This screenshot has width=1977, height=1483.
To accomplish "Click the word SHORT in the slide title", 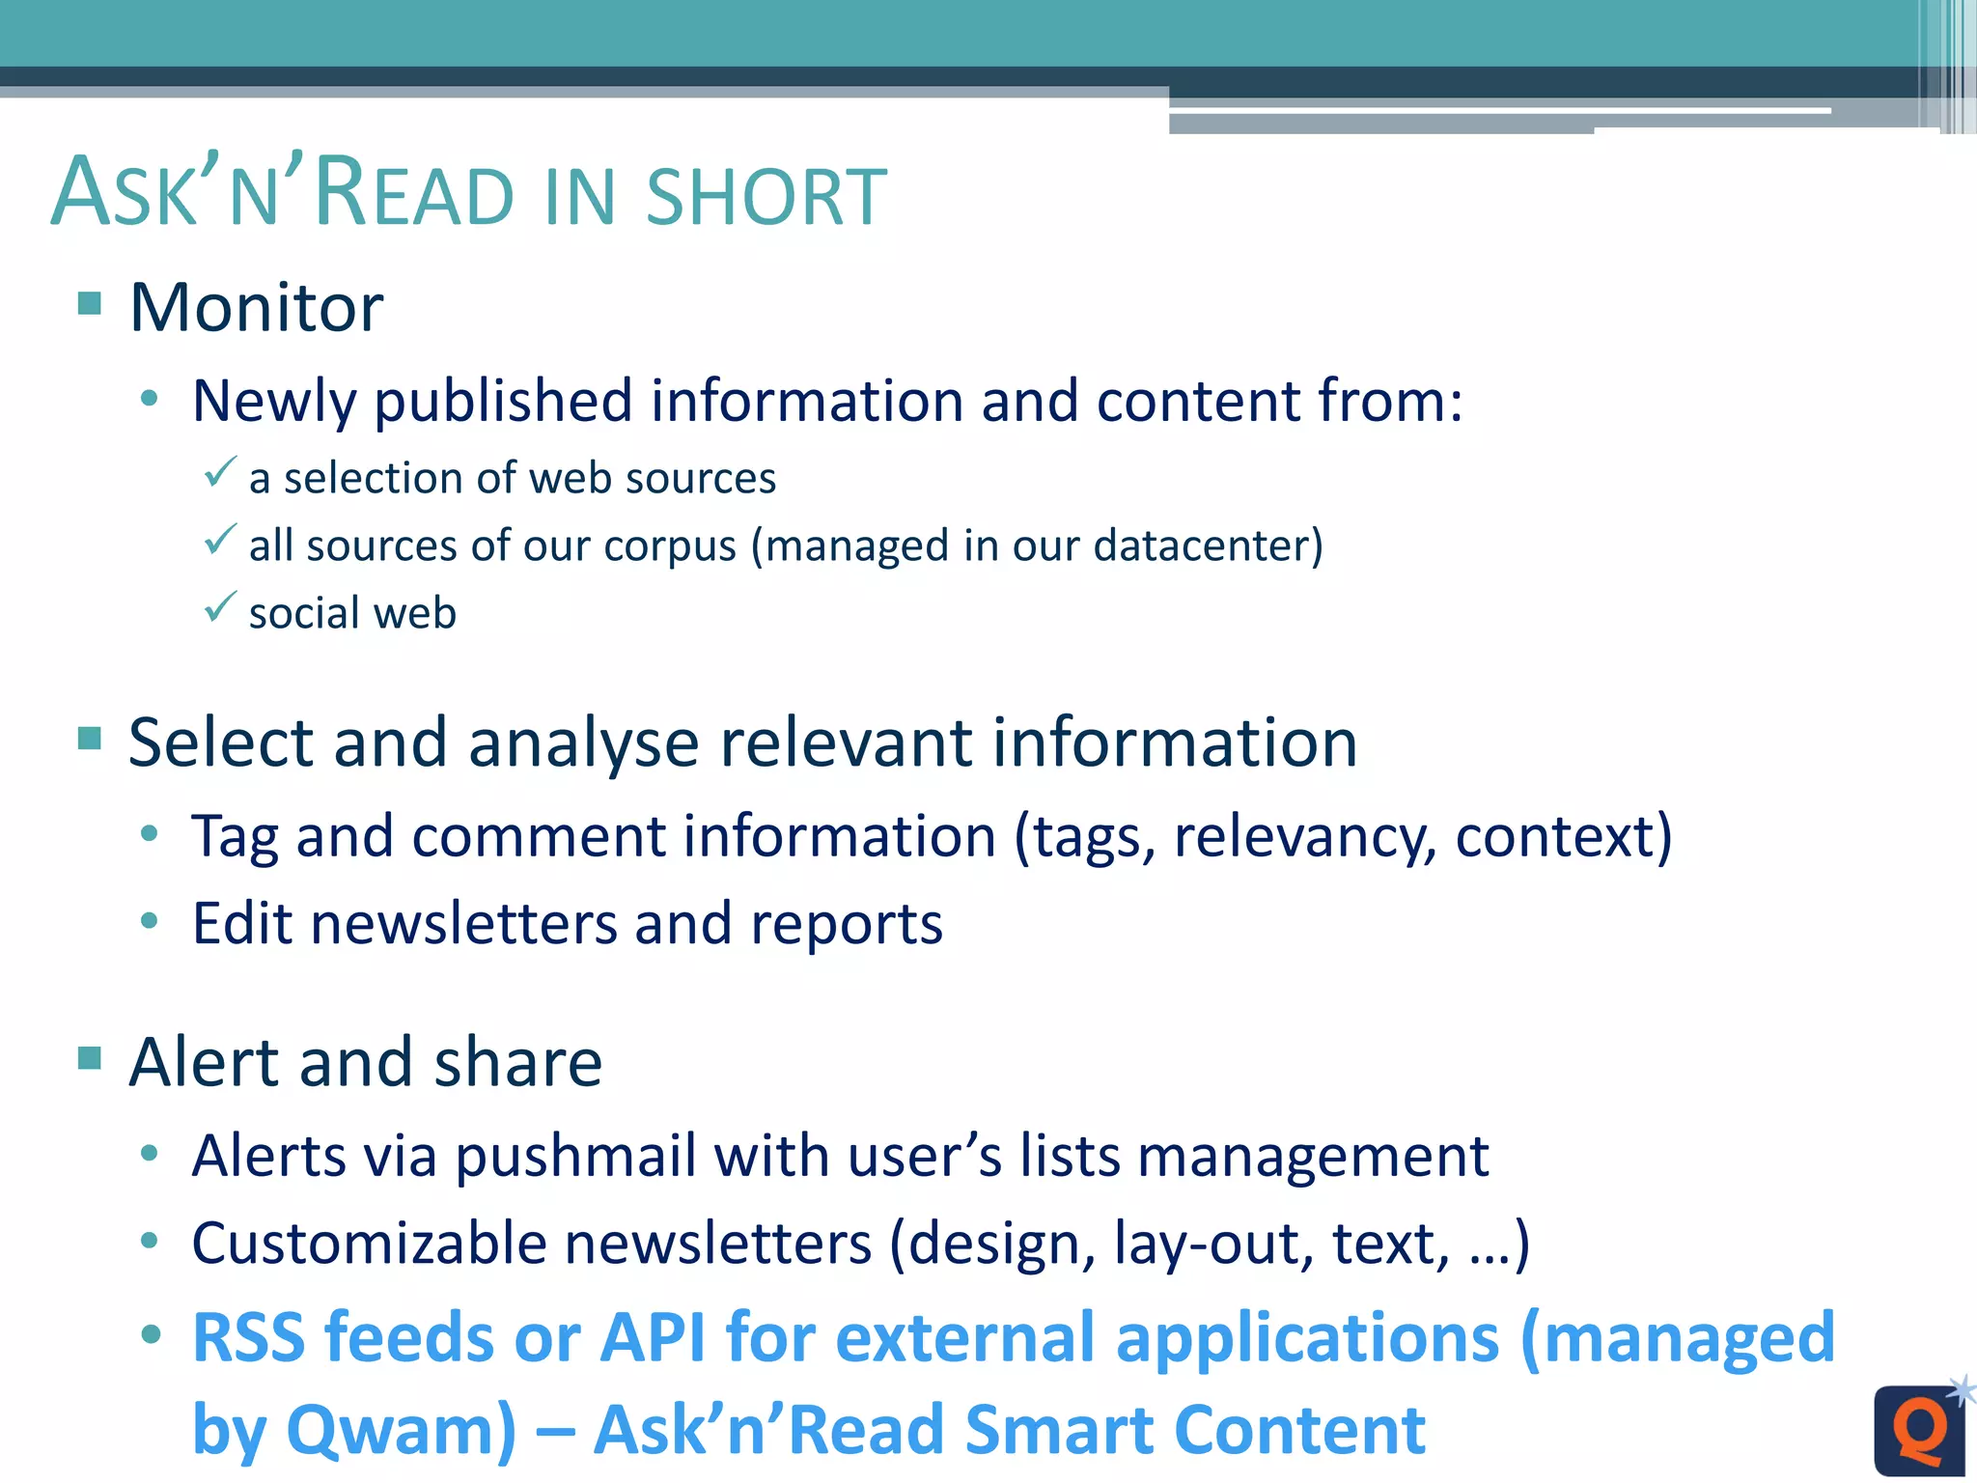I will pyautogui.click(x=766, y=197).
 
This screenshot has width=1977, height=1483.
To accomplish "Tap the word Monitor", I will pyautogui.click(x=257, y=308).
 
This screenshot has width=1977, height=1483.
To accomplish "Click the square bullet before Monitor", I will pyautogui.click(x=90, y=303).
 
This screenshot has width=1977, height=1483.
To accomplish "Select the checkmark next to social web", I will pyautogui.click(x=220, y=606).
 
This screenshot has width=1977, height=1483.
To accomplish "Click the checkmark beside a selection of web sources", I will pyautogui.click(x=220, y=471).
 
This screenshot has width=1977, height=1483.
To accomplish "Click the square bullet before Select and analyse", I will pyautogui.click(x=90, y=739).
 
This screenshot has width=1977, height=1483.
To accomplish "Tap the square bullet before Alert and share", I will pyautogui.click(x=90, y=1058).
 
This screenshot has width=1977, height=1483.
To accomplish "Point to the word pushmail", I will pyautogui.click(x=575, y=1157).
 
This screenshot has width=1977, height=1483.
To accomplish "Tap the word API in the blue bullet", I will pyautogui.click(x=653, y=1338).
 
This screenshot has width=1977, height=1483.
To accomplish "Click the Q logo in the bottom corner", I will pyautogui.click(x=1920, y=1430).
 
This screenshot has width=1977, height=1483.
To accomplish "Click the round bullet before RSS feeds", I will pyautogui.click(x=150, y=1335).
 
